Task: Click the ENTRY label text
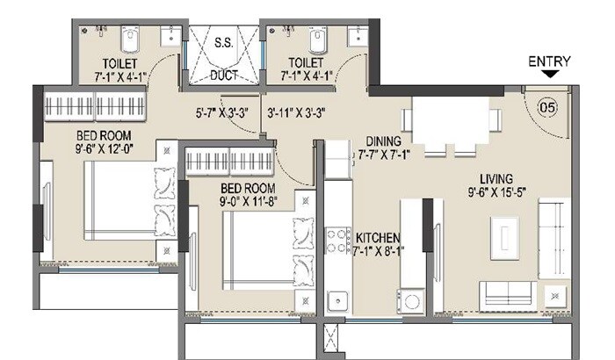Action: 549,61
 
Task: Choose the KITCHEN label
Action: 379,238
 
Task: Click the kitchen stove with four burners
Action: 338,240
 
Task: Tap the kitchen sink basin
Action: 336,301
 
